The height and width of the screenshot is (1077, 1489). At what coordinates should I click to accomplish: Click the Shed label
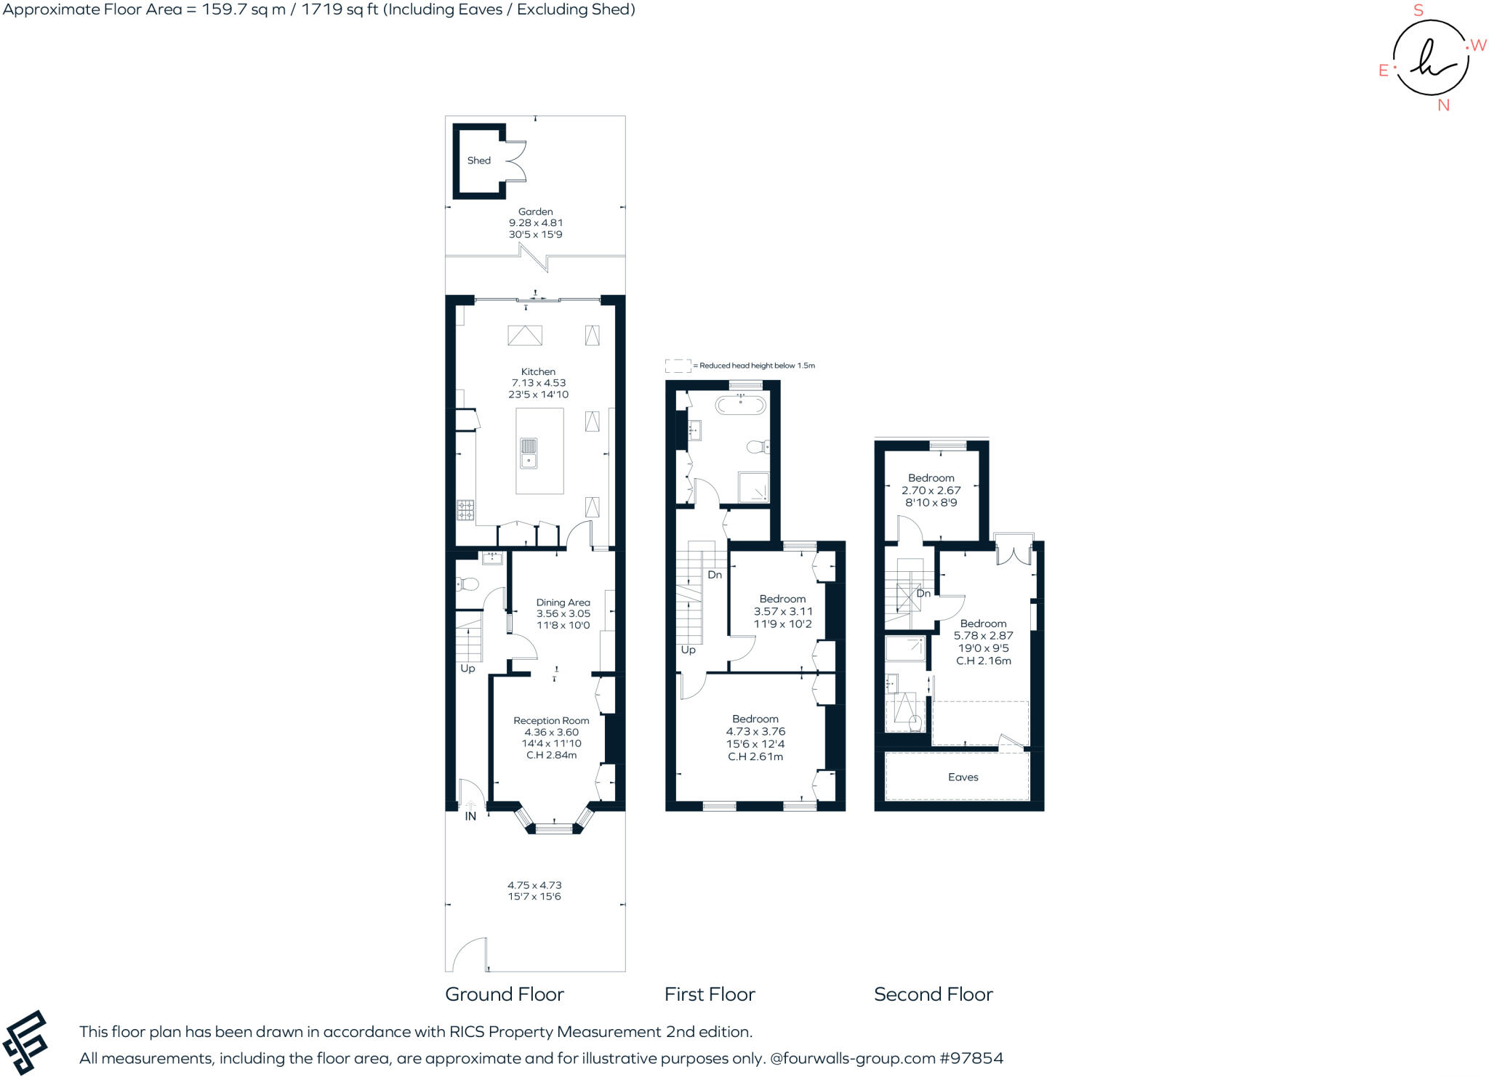pyautogui.click(x=478, y=161)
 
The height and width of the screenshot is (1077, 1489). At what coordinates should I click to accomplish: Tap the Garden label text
pyautogui.click(x=535, y=211)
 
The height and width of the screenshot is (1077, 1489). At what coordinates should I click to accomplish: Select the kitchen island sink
pyautogui.click(x=529, y=453)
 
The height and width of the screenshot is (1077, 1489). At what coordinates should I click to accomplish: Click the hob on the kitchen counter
pyautogui.click(x=465, y=510)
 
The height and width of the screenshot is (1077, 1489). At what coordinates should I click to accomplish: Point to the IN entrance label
pyautogui.click(x=470, y=816)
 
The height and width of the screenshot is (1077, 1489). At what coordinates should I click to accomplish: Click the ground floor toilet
pyautogui.click(x=467, y=584)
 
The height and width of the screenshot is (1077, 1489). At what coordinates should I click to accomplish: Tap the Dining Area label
pyautogui.click(x=563, y=602)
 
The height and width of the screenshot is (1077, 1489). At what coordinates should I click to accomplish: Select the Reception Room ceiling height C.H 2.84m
pyautogui.click(x=551, y=755)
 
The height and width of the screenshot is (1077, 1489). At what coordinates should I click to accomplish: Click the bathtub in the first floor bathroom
pyautogui.click(x=740, y=405)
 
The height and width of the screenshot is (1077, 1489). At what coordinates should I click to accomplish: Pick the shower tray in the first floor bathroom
pyautogui.click(x=754, y=487)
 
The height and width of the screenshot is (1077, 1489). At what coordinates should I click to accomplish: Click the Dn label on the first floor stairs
pyautogui.click(x=715, y=575)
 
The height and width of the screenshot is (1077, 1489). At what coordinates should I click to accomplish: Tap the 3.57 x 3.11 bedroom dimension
pyautogui.click(x=782, y=611)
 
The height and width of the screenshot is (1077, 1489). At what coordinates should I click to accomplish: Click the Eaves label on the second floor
pyautogui.click(x=963, y=777)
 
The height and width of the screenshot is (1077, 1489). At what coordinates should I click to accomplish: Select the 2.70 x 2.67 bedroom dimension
pyautogui.click(x=931, y=491)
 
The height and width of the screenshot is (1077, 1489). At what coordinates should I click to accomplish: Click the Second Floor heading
pyautogui.click(x=933, y=994)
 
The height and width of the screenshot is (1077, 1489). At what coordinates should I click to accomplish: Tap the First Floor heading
pyautogui.click(x=710, y=994)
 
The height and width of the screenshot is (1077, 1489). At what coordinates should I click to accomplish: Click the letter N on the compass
pyautogui.click(x=1443, y=105)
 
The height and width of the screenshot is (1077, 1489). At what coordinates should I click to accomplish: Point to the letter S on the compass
pyautogui.click(x=1418, y=11)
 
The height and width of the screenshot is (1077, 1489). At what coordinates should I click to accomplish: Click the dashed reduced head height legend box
pyautogui.click(x=678, y=366)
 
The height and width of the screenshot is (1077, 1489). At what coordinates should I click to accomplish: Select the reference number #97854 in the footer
pyautogui.click(x=971, y=1058)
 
